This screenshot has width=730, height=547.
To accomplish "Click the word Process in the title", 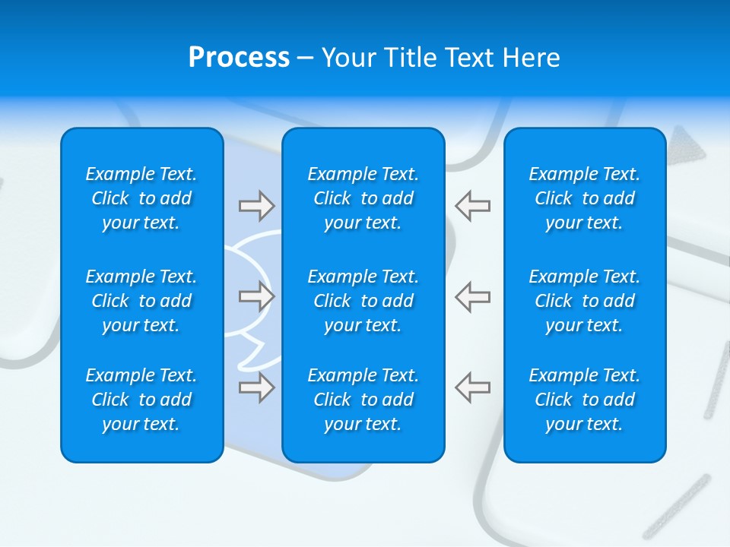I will pyautogui.click(x=239, y=58).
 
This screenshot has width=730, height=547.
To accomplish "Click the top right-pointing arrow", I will pyautogui.click(x=256, y=205).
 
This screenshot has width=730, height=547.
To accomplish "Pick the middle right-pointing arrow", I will pyautogui.click(x=256, y=296).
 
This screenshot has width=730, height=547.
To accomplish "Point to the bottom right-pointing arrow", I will pyautogui.click(x=256, y=387).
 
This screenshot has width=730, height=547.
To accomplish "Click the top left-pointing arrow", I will pyautogui.click(x=472, y=205).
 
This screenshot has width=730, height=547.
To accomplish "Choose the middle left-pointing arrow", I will pyautogui.click(x=472, y=296).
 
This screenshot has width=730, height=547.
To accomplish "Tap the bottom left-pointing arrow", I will pyautogui.click(x=472, y=387).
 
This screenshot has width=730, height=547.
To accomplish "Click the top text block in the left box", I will pyautogui.click(x=141, y=198).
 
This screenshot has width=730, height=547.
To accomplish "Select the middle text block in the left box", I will pyautogui.click(x=141, y=301).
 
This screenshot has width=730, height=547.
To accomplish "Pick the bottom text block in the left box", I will pyautogui.click(x=141, y=400).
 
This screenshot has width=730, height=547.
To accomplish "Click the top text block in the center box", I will pyautogui.click(x=363, y=198).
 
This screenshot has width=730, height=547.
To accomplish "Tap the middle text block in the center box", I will pyautogui.click(x=363, y=301).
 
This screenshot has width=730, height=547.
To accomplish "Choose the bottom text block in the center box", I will pyautogui.click(x=363, y=400).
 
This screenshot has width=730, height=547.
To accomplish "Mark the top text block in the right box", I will pyautogui.click(x=584, y=198).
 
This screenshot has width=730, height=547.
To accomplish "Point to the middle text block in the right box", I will pyautogui.click(x=584, y=301).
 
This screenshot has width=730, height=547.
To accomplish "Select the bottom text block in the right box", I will pyautogui.click(x=584, y=400).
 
